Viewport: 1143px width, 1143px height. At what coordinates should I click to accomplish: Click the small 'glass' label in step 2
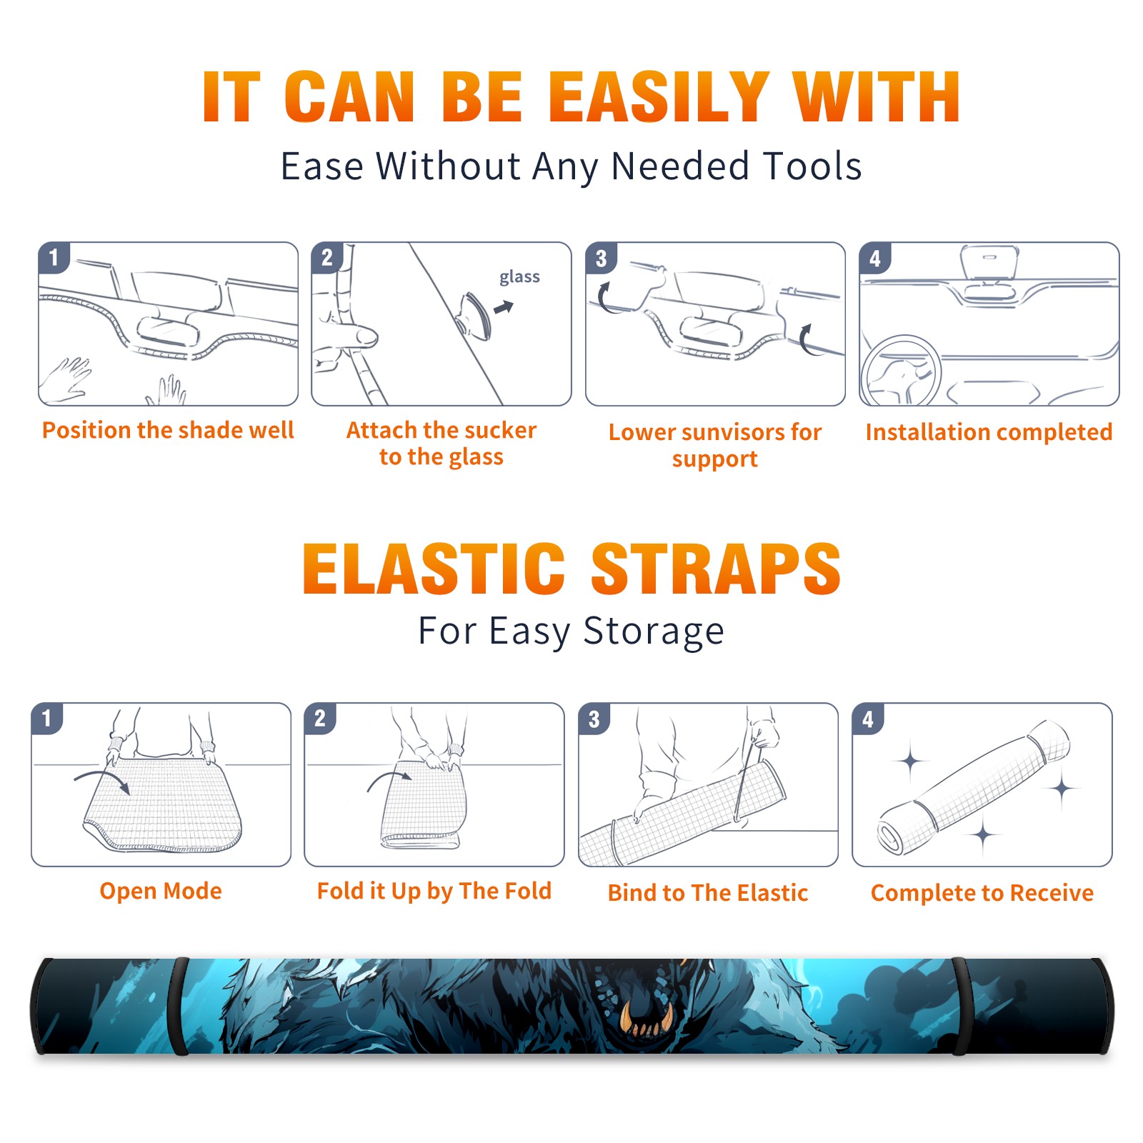519,277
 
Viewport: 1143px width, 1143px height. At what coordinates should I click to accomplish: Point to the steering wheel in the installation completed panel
900,369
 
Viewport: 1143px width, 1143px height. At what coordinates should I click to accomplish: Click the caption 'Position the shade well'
168,430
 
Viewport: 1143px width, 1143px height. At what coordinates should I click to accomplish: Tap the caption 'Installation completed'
989,431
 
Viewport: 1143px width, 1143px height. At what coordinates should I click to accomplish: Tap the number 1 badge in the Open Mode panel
47,718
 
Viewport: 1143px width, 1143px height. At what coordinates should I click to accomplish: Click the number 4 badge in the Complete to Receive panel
868,719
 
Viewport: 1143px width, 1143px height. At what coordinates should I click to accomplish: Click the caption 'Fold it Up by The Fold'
434,891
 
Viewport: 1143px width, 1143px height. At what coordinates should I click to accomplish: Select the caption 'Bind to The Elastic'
708,892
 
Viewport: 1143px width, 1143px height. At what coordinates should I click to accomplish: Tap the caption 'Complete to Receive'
982,893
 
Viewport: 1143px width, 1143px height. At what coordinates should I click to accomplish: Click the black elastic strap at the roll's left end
179,1007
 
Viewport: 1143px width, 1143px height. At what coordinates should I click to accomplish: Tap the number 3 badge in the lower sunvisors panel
601,258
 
